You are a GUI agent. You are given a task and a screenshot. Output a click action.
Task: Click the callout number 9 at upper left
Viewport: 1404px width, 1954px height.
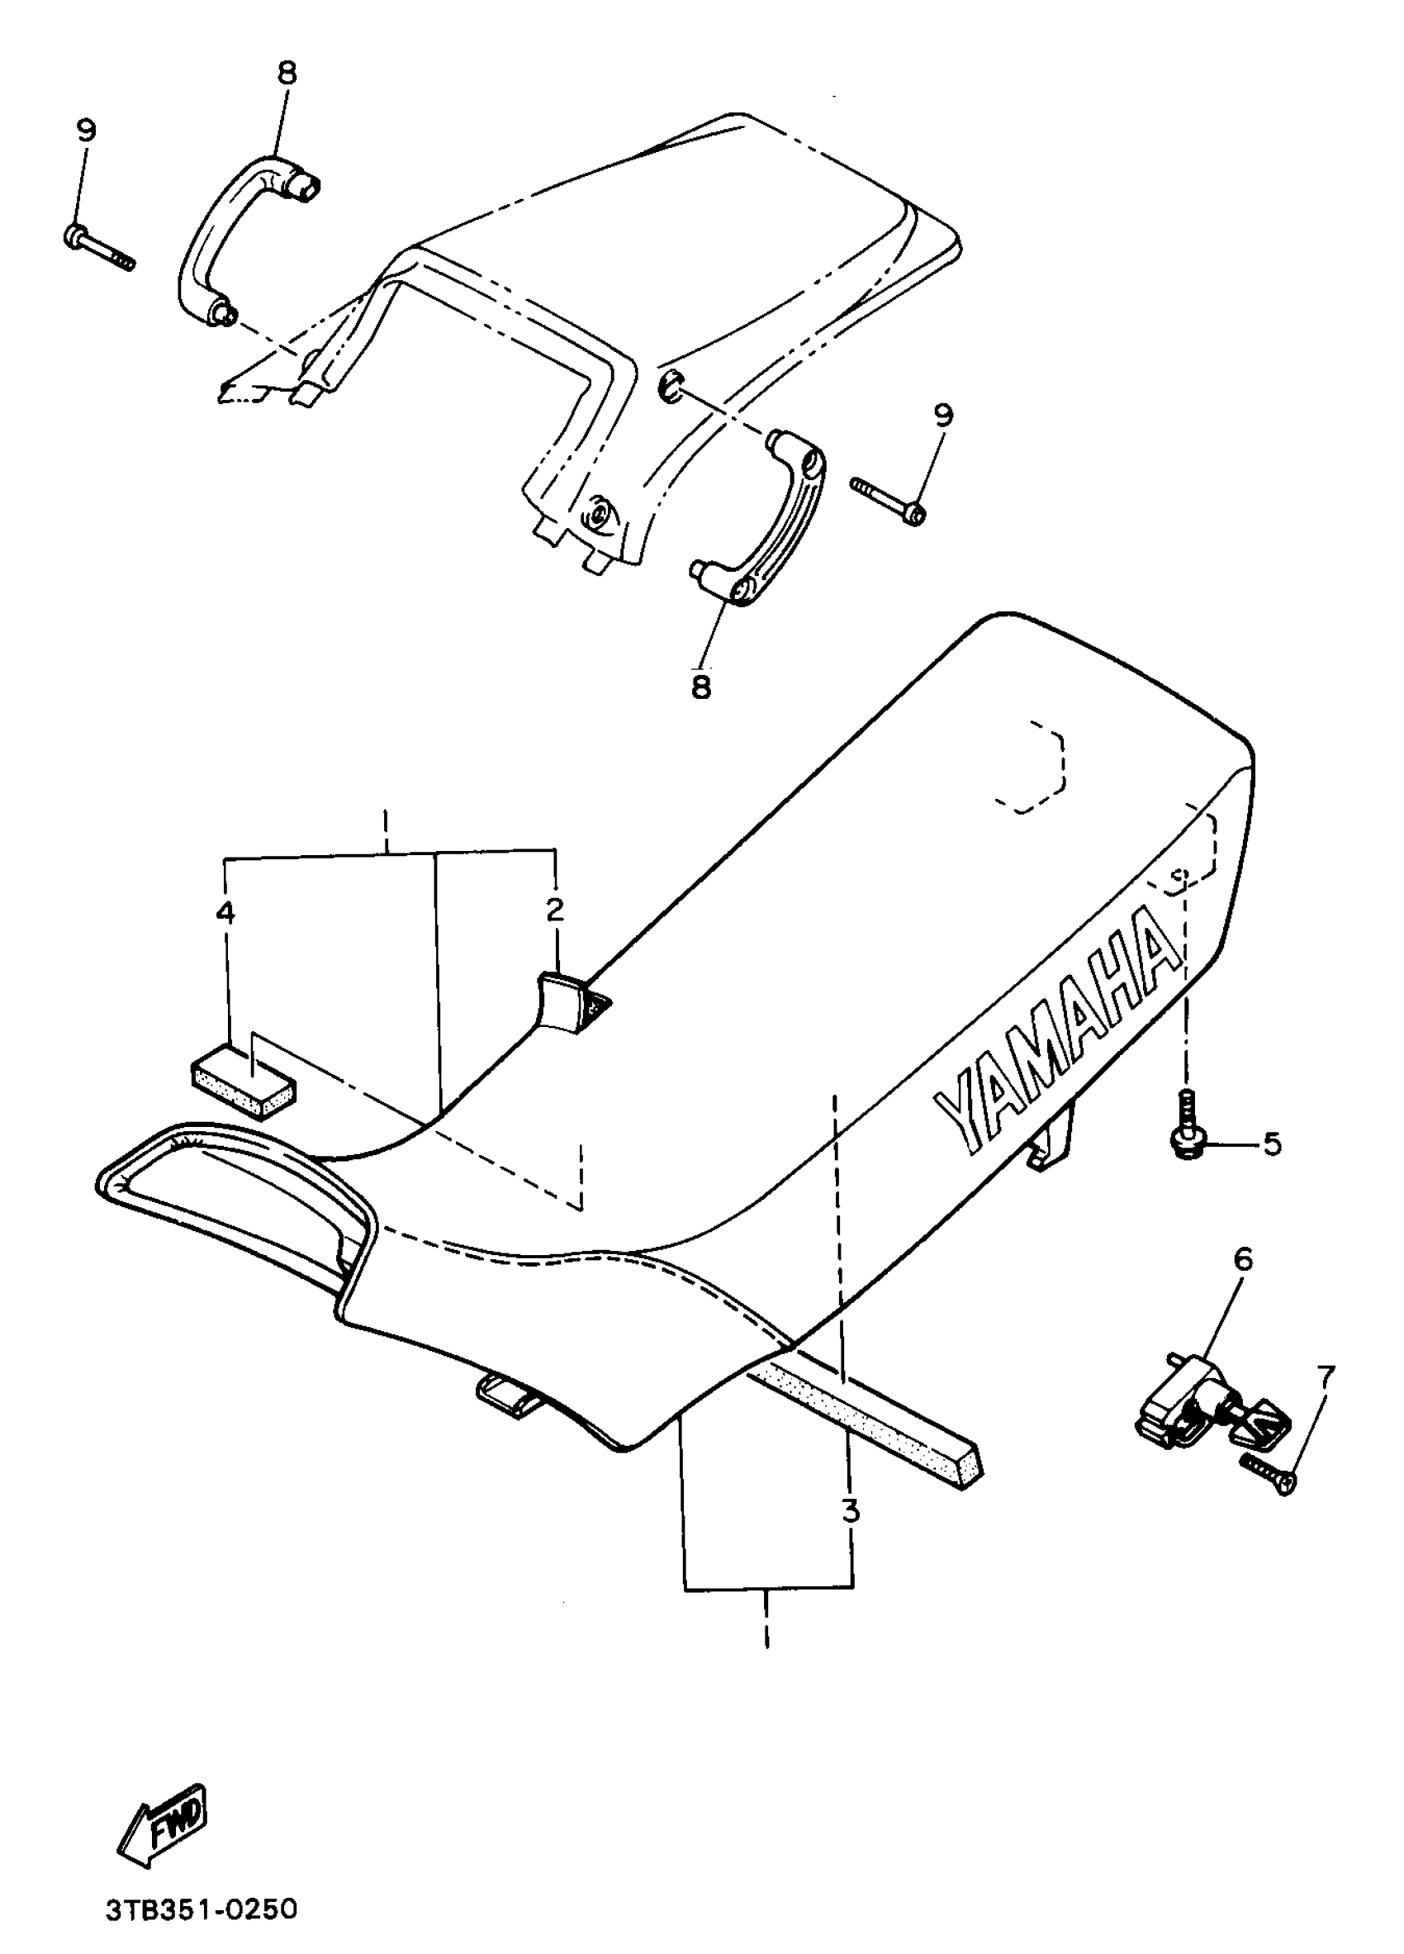pos(85,131)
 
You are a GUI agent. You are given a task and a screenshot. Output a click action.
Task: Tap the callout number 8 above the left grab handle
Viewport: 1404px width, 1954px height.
pos(287,74)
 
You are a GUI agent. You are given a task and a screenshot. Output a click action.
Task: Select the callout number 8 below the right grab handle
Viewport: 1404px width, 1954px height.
pos(701,687)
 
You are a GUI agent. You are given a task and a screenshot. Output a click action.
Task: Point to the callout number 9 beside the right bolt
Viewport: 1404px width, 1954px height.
pos(943,416)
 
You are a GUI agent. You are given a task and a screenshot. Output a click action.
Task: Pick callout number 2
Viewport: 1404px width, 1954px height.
pos(555,908)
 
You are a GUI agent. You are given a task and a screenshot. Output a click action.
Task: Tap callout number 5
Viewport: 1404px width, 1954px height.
pos(1272,1144)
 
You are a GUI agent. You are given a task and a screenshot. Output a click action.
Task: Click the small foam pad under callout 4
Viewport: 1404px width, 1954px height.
pos(243,1082)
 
